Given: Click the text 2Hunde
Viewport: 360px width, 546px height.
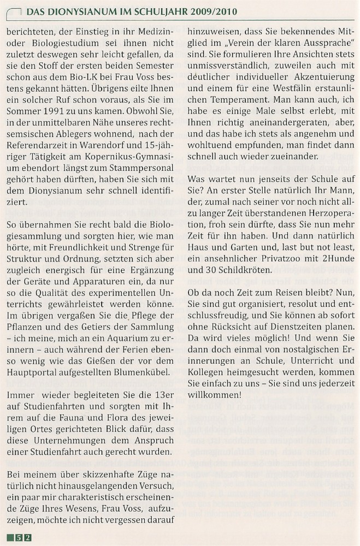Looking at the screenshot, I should click(x=339, y=257).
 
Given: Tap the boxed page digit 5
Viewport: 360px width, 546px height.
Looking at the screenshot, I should click(x=19, y=537).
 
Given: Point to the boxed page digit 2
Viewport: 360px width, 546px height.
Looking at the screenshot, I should click(x=28, y=537).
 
